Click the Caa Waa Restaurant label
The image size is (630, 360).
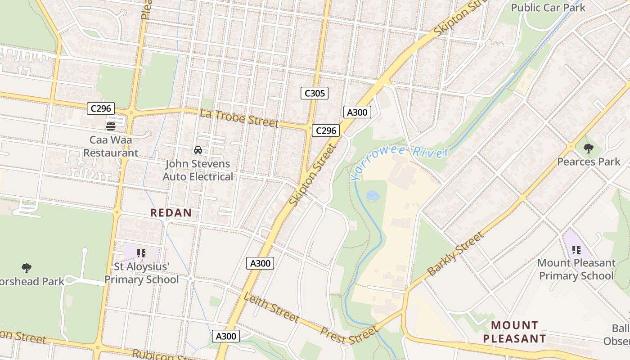(110, 146)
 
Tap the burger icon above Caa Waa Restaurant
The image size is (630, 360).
(110, 126)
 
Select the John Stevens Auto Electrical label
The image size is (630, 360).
(198, 170)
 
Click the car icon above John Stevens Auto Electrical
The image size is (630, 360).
(198, 150)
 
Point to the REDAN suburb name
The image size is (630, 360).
(171, 213)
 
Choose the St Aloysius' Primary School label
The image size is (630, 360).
(141, 273)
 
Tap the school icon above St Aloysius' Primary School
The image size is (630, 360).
(141, 253)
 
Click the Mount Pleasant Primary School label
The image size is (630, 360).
(576, 269)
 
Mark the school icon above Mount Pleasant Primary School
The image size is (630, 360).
(576, 249)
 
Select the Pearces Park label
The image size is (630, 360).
(589, 162)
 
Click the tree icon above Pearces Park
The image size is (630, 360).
(589, 148)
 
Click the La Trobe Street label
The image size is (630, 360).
(239, 118)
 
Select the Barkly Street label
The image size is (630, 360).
(455, 254)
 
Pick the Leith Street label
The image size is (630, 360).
(271, 307)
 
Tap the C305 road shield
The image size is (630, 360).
(314, 93)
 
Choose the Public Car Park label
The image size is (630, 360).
(548, 8)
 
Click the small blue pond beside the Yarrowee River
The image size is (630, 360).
(372, 195)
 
